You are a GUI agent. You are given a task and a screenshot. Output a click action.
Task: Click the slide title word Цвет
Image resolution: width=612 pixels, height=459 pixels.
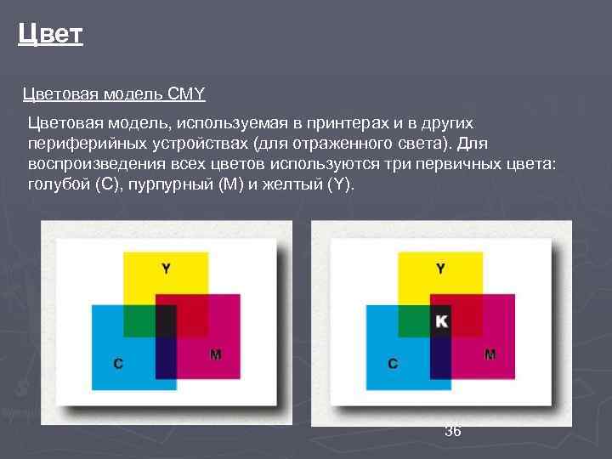[x=50, y=35]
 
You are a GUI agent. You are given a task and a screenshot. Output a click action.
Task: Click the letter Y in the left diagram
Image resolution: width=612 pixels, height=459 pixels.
[x=166, y=269]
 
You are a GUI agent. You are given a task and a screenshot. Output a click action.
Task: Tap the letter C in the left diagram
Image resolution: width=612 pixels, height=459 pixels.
[x=117, y=364]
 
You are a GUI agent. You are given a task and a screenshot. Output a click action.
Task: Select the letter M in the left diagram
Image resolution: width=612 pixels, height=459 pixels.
[x=215, y=354]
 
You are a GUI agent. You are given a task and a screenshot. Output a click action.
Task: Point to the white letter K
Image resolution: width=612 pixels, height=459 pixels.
[x=440, y=320]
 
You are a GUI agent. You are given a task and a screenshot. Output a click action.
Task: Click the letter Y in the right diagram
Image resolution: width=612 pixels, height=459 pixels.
[x=440, y=269]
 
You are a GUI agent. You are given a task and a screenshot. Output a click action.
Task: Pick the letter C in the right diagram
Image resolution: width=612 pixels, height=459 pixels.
[x=393, y=364]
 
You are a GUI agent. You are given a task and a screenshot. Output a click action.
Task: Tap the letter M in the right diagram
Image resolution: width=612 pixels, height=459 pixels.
[x=490, y=354]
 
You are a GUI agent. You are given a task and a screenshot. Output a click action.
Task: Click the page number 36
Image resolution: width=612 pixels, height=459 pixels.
[x=453, y=432]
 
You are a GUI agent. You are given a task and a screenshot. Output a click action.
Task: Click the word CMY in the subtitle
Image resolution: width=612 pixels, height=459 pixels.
[x=186, y=92]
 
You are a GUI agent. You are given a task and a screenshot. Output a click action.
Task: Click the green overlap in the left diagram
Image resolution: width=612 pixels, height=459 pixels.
[x=139, y=320]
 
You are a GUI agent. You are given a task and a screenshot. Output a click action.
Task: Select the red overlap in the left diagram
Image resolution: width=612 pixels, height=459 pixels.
[x=192, y=315]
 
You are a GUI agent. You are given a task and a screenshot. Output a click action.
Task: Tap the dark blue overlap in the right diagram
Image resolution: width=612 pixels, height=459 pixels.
[x=440, y=359]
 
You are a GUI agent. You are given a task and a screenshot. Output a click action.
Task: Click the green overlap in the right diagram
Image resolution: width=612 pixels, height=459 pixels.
[x=414, y=320]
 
